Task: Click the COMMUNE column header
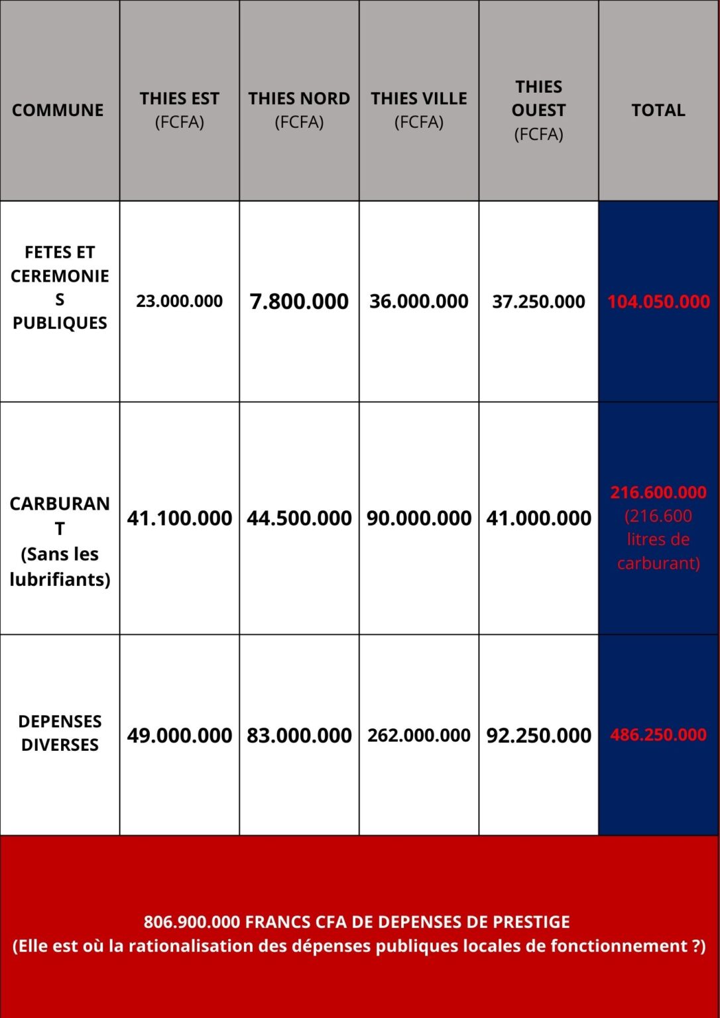(58, 110)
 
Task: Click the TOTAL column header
(658, 110)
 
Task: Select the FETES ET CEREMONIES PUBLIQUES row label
(60, 288)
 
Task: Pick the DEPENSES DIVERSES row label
(60, 733)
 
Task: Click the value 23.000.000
(179, 302)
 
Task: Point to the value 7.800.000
(299, 302)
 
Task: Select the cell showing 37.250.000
(538, 302)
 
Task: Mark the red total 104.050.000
(658, 302)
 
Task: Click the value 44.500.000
(299, 518)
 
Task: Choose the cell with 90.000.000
(419, 518)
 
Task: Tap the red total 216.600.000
(658, 492)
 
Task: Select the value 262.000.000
(419, 735)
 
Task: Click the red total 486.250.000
(658, 735)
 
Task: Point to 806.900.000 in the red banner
(192, 922)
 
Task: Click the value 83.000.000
(299, 735)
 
